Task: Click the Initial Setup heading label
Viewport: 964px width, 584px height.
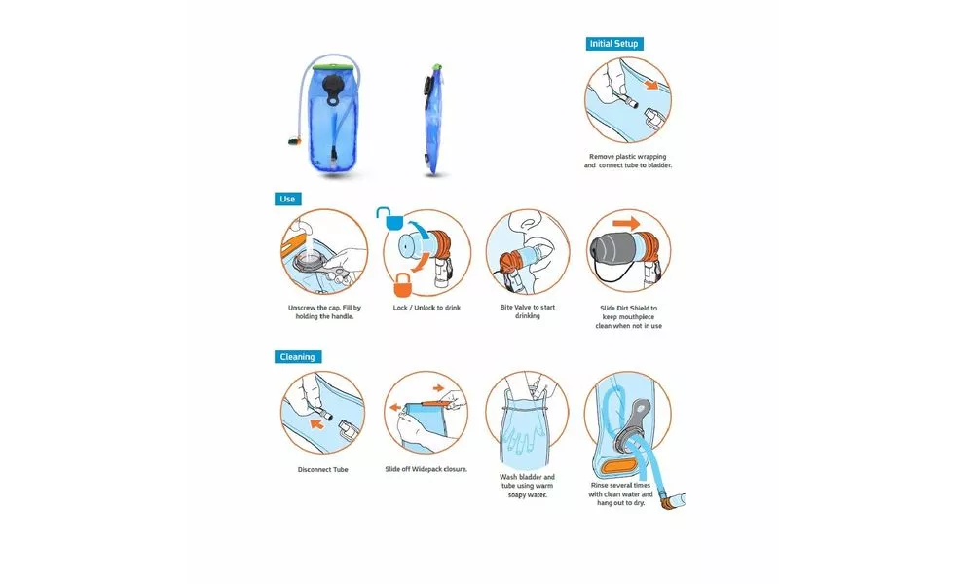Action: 614,44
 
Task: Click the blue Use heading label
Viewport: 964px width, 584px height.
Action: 287,200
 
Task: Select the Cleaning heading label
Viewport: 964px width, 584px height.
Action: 298,357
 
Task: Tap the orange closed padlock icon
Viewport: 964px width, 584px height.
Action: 402,285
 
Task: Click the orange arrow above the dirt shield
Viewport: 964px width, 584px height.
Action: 626,223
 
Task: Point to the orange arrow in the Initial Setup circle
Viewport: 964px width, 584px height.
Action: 650,85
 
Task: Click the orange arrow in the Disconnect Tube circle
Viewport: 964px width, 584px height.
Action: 316,424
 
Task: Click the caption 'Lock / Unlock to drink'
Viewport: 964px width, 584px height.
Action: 426,308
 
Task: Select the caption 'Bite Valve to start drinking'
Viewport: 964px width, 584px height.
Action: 528,311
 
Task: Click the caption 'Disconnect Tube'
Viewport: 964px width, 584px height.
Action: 322,470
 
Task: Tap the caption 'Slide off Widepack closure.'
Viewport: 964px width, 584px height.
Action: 426,469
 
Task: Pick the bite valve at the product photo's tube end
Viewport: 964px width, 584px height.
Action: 294,141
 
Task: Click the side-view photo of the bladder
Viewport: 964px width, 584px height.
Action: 432,120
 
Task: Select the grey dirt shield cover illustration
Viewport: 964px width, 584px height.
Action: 612,251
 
